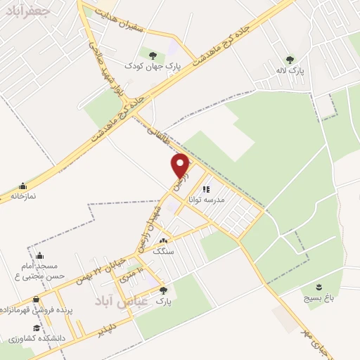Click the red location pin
[x=181, y=165]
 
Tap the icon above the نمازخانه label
[x=23, y=186]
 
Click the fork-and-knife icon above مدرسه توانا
[x=206, y=189]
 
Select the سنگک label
[x=163, y=250]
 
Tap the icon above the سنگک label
[x=163, y=240]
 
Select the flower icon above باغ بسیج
[x=317, y=286]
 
